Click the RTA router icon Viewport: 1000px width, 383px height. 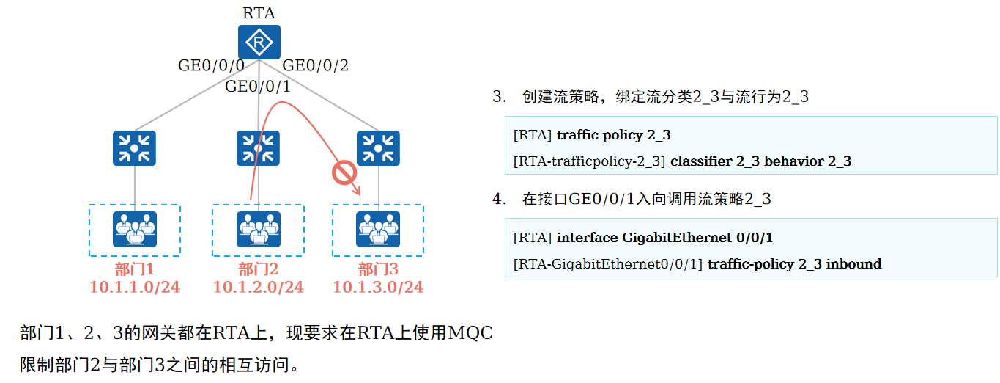click(x=259, y=43)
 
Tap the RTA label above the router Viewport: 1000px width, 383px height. click(x=259, y=12)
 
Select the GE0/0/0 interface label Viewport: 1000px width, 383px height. click(x=211, y=65)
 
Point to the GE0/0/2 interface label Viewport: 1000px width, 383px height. click(x=316, y=65)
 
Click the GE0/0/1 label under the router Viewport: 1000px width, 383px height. click(x=258, y=87)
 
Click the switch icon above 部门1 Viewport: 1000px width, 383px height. click(x=134, y=148)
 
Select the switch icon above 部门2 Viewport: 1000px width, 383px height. click(x=258, y=148)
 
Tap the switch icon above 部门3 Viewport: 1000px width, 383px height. click(x=378, y=148)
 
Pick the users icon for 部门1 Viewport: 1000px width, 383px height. click(x=135, y=229)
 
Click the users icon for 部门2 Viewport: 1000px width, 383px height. click(x=258, y=229)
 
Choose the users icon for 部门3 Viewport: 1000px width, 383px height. click(x=378, y=229)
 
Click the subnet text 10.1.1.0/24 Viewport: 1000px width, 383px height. click(x=135, y=287)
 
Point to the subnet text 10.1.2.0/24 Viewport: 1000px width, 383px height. click(x=258, y=287)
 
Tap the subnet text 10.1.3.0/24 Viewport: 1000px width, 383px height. click(x=378, y=287)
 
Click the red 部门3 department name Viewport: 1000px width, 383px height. click(x=378, y=269)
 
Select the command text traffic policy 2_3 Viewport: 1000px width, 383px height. click(x=614, y=135)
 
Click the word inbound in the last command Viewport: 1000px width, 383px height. click(x=853, y=263)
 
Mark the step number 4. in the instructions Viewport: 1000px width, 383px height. click(x=499, y=199)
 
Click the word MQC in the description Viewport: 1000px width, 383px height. click(x=470, y=334)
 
